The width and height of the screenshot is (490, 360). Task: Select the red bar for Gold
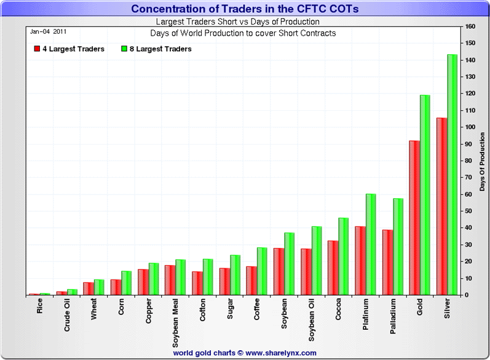414,218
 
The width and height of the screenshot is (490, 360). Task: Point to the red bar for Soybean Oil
305,271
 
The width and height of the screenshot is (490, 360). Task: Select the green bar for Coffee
262,271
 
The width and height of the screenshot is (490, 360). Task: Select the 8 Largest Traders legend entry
156,49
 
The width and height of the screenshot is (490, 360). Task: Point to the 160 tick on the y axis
470,26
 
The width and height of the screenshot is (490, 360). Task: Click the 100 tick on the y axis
470,127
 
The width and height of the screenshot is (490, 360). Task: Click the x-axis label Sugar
230,310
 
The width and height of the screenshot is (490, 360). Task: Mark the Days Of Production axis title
483,161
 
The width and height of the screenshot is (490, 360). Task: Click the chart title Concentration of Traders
245,9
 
